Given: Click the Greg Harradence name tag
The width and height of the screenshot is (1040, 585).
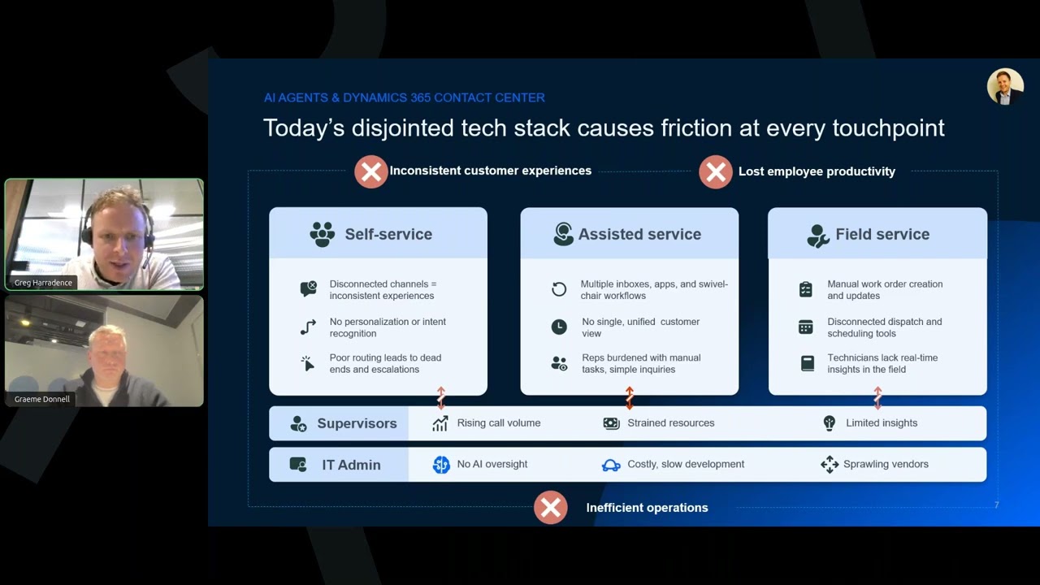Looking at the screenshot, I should (43, 283).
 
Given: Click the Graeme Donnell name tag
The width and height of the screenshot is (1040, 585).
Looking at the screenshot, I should (42, 399).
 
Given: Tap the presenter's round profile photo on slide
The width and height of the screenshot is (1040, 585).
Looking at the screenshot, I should (1005, 87).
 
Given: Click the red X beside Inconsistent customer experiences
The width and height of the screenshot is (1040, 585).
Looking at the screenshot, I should (371, 171).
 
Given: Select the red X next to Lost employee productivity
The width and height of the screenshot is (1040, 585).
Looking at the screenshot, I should (716, 172).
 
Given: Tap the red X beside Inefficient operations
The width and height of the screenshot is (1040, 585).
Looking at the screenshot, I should (550, 508).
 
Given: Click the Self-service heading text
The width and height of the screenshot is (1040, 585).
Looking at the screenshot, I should (388, 234).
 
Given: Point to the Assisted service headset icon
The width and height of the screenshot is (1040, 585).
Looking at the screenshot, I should (563, 234).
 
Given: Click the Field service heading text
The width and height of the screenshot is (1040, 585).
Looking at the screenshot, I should (882, 234).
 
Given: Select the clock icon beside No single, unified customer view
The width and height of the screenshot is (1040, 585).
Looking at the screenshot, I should (559, 327).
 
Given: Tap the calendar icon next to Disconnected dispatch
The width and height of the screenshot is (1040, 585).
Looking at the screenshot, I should (806, 327).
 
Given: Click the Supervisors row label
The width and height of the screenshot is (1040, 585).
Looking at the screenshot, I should (357, 423).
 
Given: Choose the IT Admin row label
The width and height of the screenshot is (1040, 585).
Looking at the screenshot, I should (351, 465).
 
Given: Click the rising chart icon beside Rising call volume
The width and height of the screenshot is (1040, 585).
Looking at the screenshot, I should (440, 423).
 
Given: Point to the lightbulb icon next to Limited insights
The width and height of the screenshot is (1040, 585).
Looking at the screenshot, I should (829, 423).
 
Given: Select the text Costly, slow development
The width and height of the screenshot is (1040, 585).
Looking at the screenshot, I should (686, 464).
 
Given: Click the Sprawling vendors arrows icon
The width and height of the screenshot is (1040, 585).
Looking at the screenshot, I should (829, 464).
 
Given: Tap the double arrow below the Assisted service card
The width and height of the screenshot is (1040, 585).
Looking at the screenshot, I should (630, 397).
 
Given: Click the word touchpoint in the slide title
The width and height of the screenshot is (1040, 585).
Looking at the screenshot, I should (889, 128).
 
